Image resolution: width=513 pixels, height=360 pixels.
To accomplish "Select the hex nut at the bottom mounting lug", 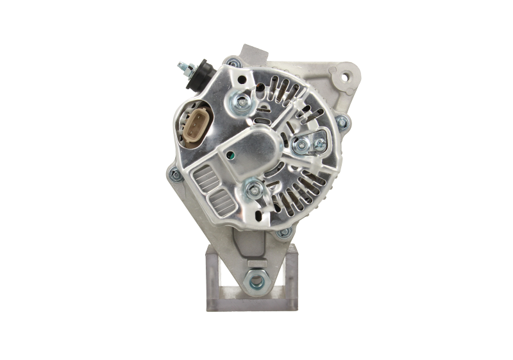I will coord(258,280).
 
